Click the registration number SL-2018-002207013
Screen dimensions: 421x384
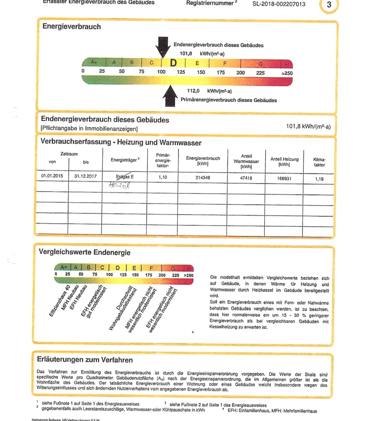coord(279,4)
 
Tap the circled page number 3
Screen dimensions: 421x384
coord(329,5)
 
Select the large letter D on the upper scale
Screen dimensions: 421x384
coord(173,63)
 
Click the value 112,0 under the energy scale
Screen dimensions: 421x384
coord(193,91)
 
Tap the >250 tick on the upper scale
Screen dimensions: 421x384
coord(287,73)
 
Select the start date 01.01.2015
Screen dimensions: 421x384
coord(52,176)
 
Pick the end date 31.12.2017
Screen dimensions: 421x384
coord(85,176)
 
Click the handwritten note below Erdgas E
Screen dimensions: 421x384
coord(119,185)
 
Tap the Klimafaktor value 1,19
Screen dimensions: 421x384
coord(319,179)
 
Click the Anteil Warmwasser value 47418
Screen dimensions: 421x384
coord(246,178)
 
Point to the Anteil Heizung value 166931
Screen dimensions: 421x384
coord(284,178)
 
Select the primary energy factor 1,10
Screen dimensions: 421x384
coord(163,178)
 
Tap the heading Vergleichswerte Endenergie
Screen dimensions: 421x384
coord(84,252)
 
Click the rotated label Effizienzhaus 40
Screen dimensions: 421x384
coord(60,302)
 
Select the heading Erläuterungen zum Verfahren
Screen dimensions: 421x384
coord(85,359)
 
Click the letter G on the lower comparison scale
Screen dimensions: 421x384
coord(173,268)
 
